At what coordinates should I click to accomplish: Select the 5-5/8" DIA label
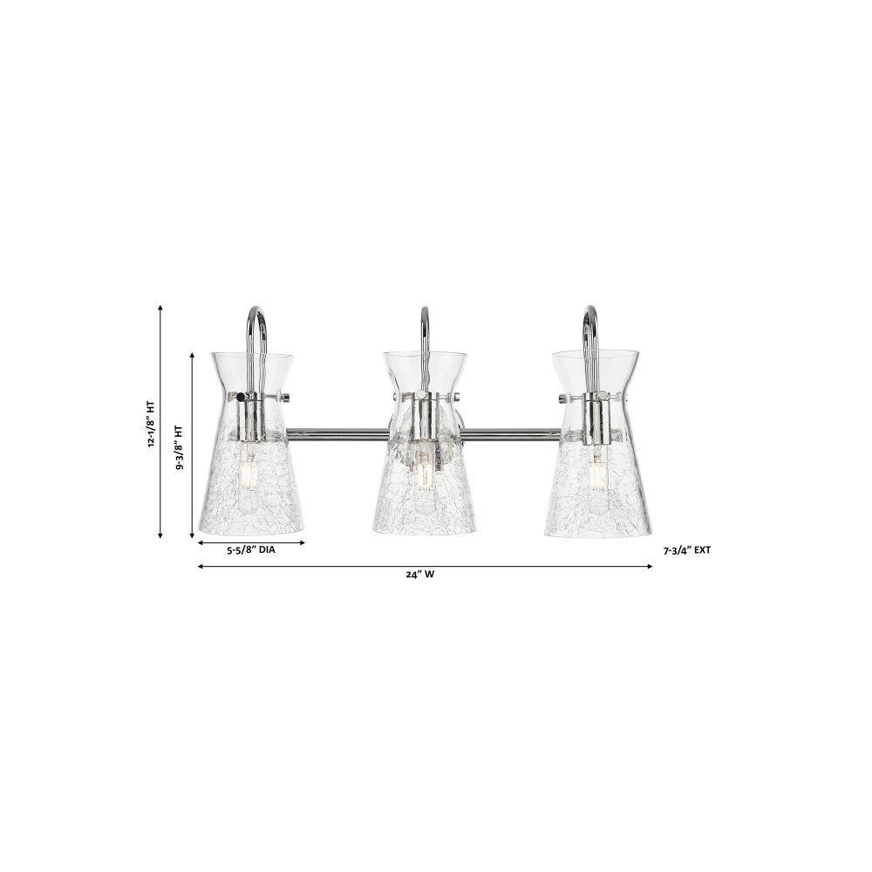point(251,550)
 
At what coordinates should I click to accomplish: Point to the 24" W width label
point(420,575)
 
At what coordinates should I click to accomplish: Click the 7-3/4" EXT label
point(687,550)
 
